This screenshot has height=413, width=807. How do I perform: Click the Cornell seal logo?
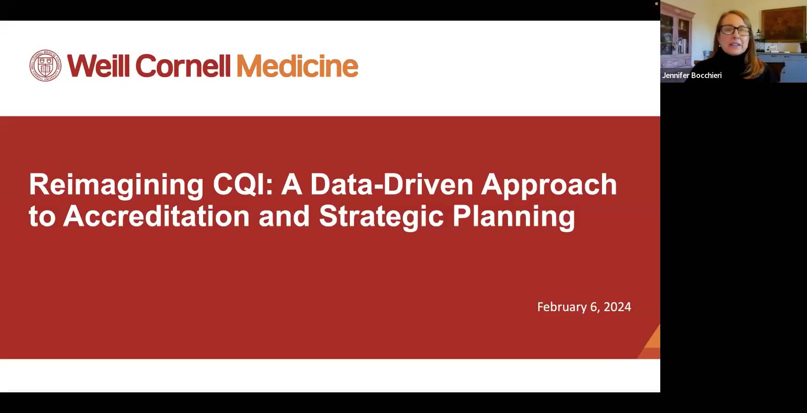pyautogui.click(x=45, y=66)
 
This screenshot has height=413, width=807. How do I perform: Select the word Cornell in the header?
pyautogui.click(x=183, y=66)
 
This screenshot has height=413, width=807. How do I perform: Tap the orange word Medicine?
pyautogui.click(x=297, y=66)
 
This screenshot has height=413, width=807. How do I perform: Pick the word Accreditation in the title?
pyautogui.click(x=156, y=216)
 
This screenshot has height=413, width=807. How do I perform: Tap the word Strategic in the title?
pyautogui.click(x=381, y=216)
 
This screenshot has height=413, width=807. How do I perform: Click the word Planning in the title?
pyautogui.click(x=514, y=216)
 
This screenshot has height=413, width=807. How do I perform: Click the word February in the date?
pyautogui.click(x=562, y=307)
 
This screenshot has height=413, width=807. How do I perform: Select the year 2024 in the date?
pyautogui.click(x=617, y=307)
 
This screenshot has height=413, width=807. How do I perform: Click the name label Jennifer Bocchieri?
pyautogui.click(x=691, y=75)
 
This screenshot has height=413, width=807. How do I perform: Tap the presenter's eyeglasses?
pyautogui.click(x=735, y=31)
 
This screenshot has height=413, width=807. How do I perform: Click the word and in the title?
pyautogui.click(x=284, y=216)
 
